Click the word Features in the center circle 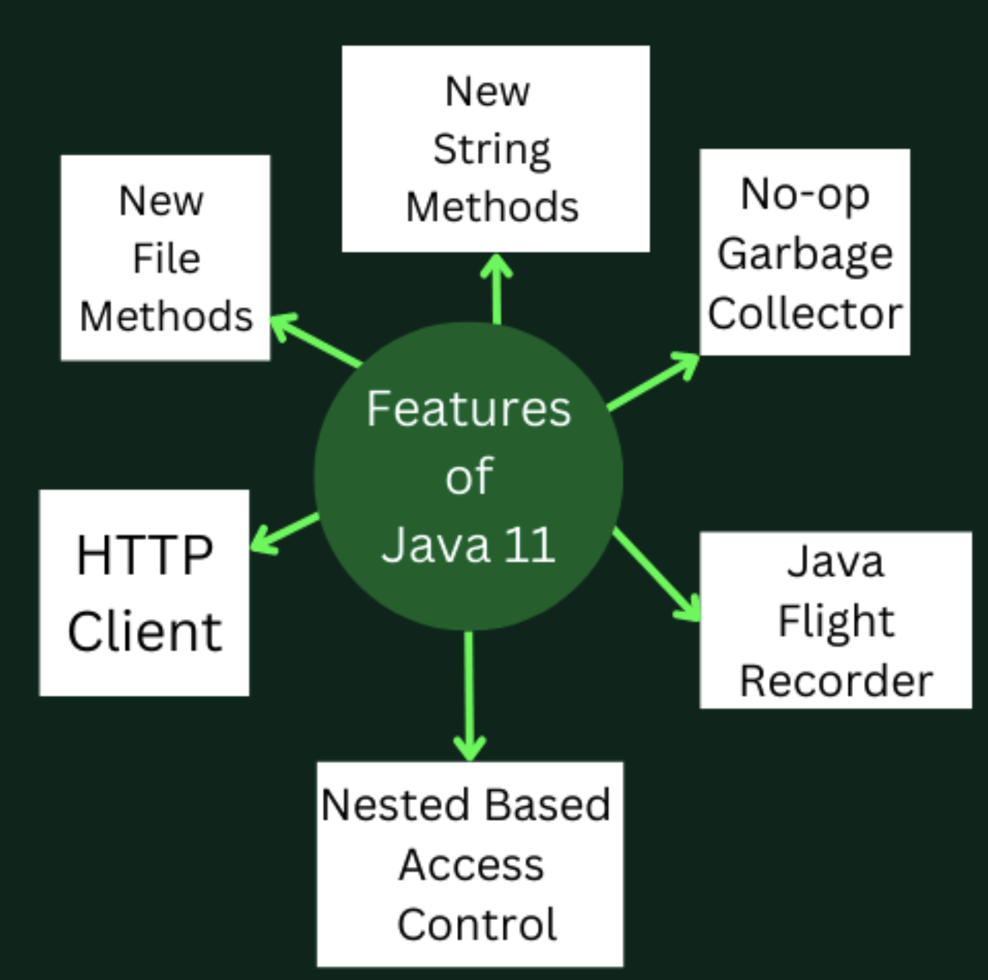click(x=469, y=409)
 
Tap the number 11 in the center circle click(x=530, y=544)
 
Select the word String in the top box click(x=492, y=151)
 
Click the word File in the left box click(x=166, y=258)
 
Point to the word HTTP click(x=145, y=555)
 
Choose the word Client click(x=145, y=631)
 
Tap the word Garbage click(x=805, y=255)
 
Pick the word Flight click(x=836, y=621)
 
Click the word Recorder click(x=836, y=681)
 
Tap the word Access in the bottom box click(x=472, y=864)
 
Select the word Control click(x=477, y=924)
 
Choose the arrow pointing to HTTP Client click(x=285, y=533)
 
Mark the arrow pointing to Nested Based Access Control click(x=469, y=696)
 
